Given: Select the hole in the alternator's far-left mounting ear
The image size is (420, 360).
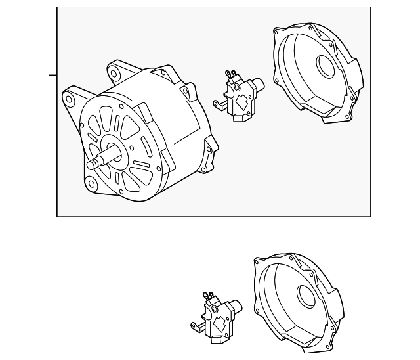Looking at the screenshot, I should pos(68,99).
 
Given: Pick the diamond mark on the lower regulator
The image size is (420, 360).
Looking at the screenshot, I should pos(220,323).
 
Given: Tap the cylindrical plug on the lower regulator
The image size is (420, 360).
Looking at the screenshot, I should pos(236,306).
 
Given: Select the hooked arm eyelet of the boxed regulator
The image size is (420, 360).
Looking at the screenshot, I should pos(216,103).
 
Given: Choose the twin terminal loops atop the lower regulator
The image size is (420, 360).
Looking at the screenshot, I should pos(209,296).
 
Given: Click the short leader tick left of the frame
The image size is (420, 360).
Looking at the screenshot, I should pos(53,75).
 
